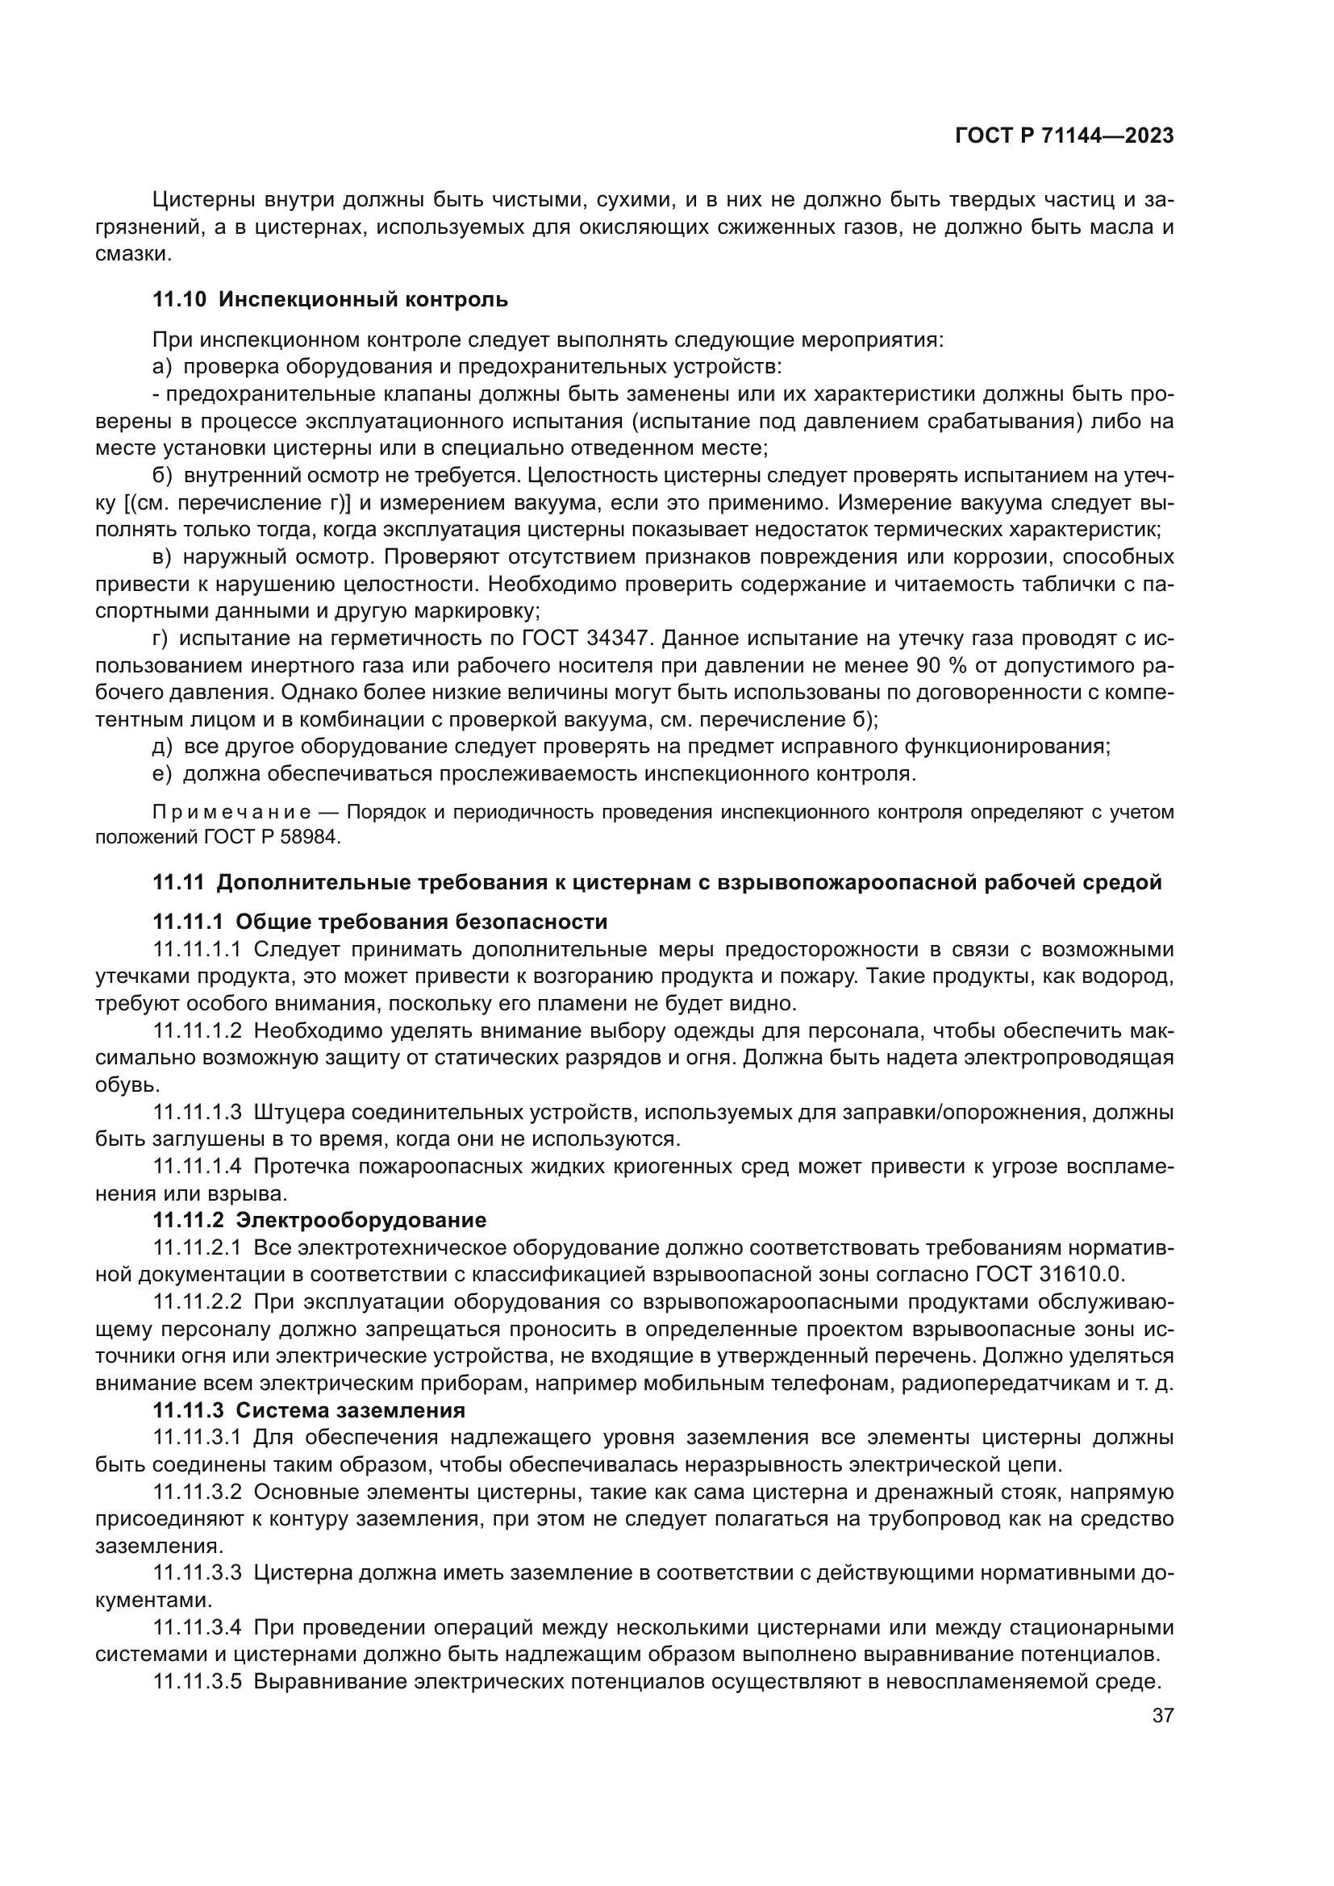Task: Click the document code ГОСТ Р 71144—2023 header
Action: (x=1064, y=136)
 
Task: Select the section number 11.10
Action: (x=179, y=300)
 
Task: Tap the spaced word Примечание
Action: (x=231, y=813)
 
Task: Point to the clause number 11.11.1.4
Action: (x=197, y=1166)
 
